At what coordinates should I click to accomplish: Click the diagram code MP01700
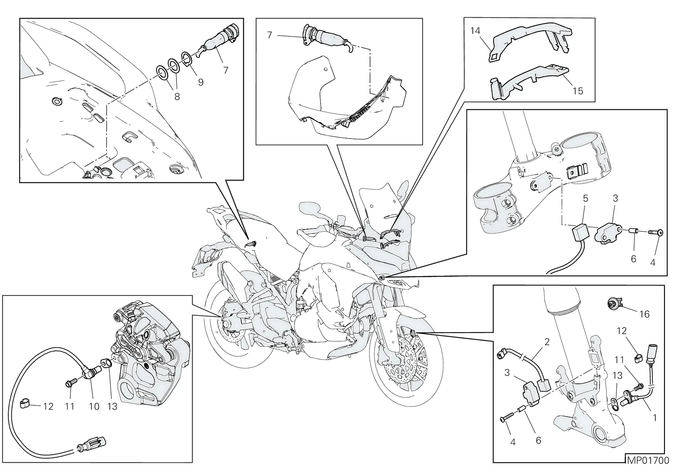(x=648, y=460)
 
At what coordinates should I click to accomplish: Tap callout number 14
(x=475, y=31)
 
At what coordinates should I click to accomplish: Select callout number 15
(x=578, y=91)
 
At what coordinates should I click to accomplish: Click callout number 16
(x=645, y=314)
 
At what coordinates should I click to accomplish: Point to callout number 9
(x=201, y=82)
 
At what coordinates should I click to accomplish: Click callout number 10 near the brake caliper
(x=94, y=407)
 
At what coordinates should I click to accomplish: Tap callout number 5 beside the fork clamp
(x=585, y=198)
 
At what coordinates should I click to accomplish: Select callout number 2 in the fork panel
(x=547, y=342)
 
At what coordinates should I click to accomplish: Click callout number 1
(x=655, y=418)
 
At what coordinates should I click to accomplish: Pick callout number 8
(x=177, y=97)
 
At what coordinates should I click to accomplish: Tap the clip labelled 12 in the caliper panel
(x=24, y=403)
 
